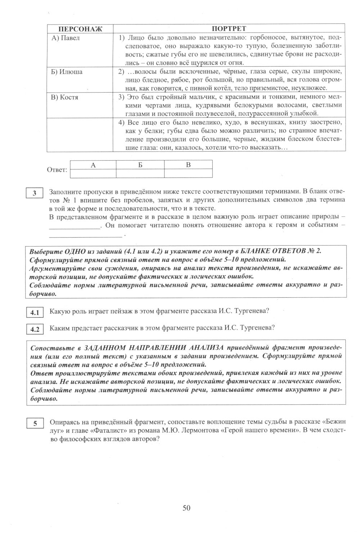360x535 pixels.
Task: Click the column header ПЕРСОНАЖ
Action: tap(80, 28)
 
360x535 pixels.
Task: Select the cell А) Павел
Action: tap(65, 38)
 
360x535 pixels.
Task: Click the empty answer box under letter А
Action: tap(93, 174)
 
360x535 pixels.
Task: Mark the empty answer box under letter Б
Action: tap(140, 174)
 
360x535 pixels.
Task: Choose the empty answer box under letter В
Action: tap(188, 174)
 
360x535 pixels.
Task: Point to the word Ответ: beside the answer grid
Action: tap(57, 170)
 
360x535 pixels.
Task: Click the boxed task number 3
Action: tap(35, 193)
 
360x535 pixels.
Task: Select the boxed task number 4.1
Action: tap(35, 313)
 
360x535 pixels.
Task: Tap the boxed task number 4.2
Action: tap(35, 329)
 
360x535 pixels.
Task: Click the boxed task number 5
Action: tap(35, 424)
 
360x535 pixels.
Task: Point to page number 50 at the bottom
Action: tap(186, 508)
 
